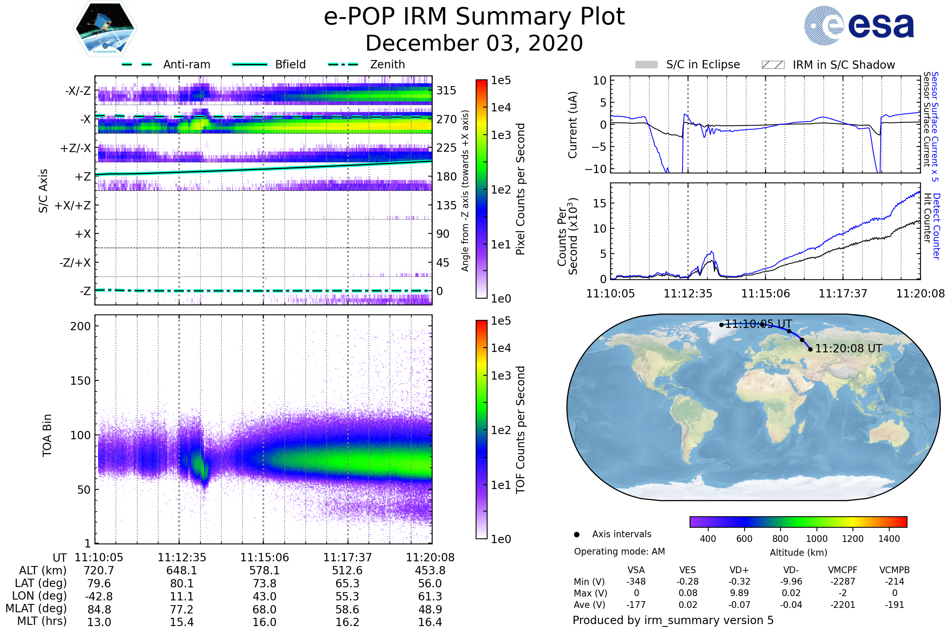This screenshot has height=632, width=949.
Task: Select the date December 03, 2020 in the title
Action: pyautogui.click(x=474, y=43)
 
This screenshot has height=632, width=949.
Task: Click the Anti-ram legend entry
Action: pyautogui.click(x=186, y=64)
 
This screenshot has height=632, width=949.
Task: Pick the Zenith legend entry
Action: pyautogui.click(x=388, y=64)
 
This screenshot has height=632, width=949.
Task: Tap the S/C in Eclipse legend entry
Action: pyautogui.click(x=703, y=64)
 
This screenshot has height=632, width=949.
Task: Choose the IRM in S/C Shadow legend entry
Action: pyautogui.click(x=843, y=65)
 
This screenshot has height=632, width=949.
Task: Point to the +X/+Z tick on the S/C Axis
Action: pyautogui.click(x=73, y=205)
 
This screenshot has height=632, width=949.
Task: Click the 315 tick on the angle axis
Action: pyautogui.click(x=446, y=90)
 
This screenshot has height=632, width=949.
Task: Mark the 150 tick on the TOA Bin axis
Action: pyautogui.click(x=80, y=381)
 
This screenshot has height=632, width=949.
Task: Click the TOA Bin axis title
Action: pyautogui.click(x=47, y=435)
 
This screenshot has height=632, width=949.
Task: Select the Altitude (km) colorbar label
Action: pyautogui.click(x=798, y=553)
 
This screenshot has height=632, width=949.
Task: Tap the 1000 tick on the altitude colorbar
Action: pyautogui.click(x=816, y=539)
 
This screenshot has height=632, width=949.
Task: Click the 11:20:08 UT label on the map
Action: pyautogui.click(x=848, y=349)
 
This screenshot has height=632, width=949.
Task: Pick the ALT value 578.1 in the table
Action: pyautogui.click(x=264, y=571)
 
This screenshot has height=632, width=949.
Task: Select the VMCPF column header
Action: pyautogui.click(x=843, y=570)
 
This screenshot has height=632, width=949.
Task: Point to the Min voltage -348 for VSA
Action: pyautogui.click(x=636, y=581)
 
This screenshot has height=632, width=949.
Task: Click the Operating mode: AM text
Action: pyautogui.click(x=619, y=551)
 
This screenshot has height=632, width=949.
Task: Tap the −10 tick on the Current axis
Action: pyautogui.click(x=595, y=169)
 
